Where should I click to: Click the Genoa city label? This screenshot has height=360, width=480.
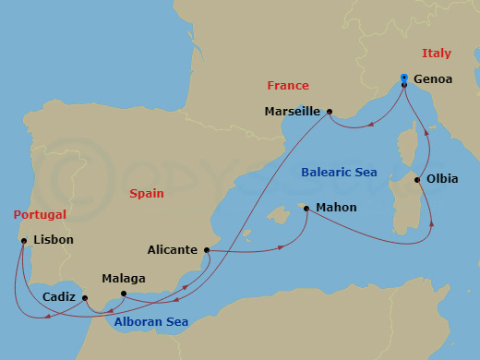pos(434,79)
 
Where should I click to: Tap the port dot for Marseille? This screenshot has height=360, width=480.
pos(329,112)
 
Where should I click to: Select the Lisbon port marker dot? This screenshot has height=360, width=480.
pos(23,241)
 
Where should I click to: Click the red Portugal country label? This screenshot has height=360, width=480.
pos(40,214)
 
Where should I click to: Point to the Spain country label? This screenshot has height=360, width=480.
pos(146,195)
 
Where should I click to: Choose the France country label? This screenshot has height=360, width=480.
pos(287,85)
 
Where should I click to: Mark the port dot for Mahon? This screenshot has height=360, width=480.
pos(306,209)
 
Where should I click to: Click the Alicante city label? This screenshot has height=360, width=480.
pos(173,250)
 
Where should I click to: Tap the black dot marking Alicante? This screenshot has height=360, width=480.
pos(207,250)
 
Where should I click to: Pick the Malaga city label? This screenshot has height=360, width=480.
pos(124,278)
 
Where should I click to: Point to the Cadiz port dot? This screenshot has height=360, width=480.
pos(85,298)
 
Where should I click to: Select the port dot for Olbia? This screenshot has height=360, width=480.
pos(418,180)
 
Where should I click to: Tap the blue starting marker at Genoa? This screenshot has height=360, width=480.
pos(404,78)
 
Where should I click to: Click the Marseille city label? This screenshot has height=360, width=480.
pos(293,112)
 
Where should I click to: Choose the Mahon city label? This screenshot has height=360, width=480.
pos(336,208)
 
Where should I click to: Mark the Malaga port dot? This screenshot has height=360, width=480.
pos(124,294)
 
